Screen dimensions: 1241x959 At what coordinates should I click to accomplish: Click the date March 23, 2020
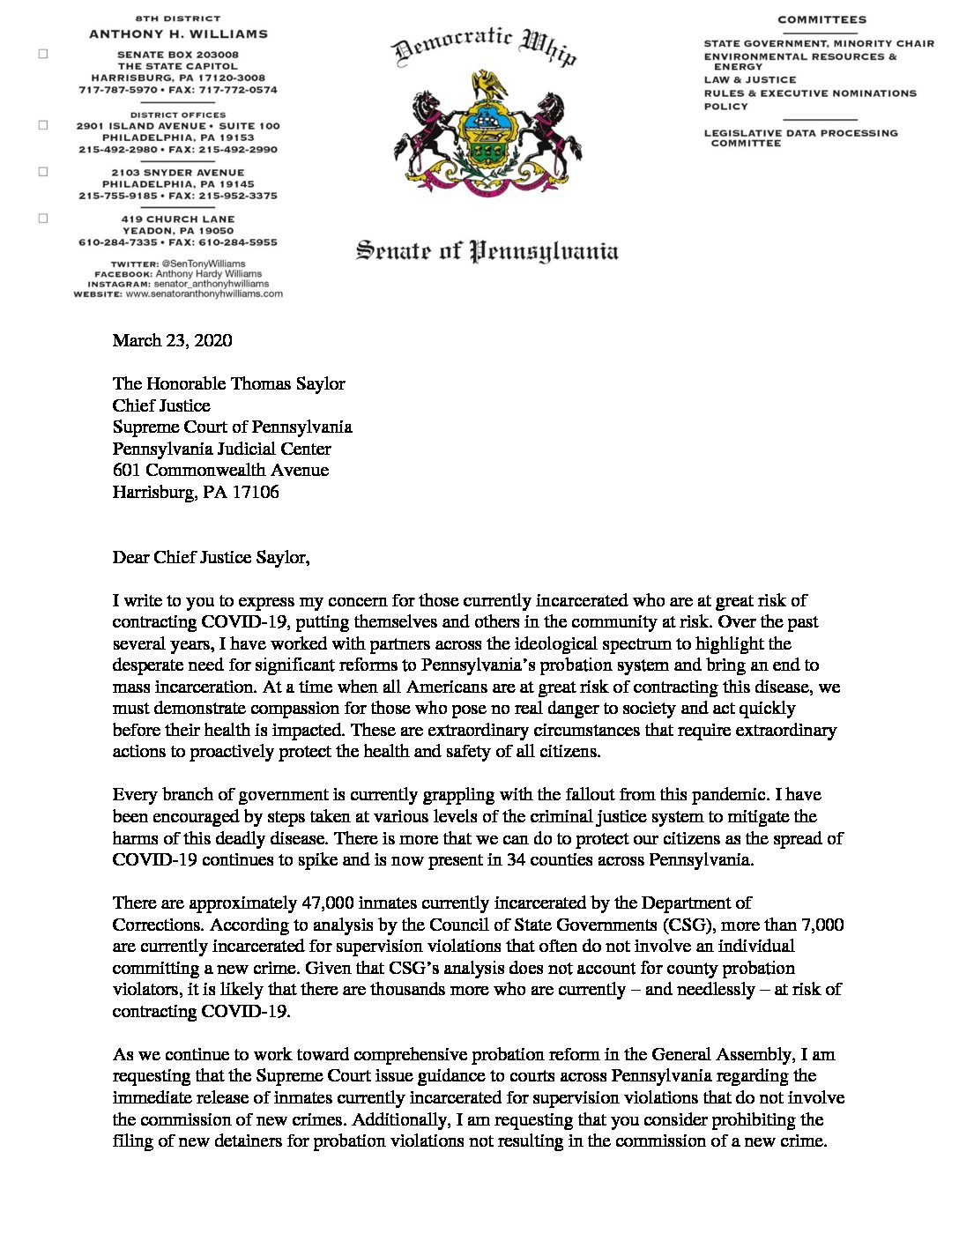click(x=172, y=340)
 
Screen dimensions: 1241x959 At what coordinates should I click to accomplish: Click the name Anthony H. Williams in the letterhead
click(x=178, y=34)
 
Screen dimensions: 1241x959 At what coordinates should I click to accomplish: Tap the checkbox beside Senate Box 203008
click(x=43, y=54)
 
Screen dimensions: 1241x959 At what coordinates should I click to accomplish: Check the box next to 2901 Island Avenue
click(x=43, y=125)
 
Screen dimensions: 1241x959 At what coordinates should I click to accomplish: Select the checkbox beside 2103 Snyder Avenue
click(x=43, y=172)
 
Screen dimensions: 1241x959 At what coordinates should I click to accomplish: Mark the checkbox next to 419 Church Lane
click(x=43, y=219)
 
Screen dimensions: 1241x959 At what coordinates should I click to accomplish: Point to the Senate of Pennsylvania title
click(x=487, y=251)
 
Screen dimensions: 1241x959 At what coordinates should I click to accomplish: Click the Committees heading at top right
click(x=821, y=19)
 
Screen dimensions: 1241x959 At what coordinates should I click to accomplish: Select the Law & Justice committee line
click(x=749, y=79)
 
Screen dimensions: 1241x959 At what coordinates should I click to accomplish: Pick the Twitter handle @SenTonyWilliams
click(x=203, y=264)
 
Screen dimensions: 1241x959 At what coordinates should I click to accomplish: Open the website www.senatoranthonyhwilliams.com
click(x=204, y=294)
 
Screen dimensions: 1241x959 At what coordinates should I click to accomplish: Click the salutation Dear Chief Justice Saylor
click(x=211, y=557)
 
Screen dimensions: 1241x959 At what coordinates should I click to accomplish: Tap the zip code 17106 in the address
click(x=255, y=492)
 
